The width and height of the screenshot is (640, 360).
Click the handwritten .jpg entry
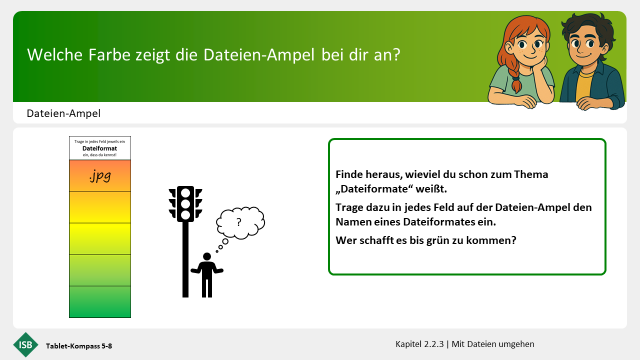tap(100, 175)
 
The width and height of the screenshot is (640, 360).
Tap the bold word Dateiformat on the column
tap(99, 148)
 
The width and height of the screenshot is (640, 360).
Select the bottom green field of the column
tap(100, 301)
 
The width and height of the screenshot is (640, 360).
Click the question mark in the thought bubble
tap(239, 222)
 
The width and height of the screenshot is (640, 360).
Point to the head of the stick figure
tap(207, 256)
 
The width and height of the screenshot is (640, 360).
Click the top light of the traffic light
tap(185, 193)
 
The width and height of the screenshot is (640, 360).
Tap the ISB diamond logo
tap(25, 344)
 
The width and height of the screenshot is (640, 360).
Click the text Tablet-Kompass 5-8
tap(79, 346)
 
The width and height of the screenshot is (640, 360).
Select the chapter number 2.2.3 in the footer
tap(434, 344)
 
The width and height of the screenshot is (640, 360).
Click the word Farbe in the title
tap(109, 54)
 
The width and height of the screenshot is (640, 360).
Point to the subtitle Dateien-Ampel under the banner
tap(63, 113)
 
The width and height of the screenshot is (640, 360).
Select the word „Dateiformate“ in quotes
tap(374, 189)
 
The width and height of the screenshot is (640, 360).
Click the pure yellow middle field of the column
tap(100, 239)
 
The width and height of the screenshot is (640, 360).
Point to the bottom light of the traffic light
tap(185, 215)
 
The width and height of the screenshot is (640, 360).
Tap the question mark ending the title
tap(397, 54)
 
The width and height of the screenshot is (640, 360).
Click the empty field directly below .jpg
tap(100, 207)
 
